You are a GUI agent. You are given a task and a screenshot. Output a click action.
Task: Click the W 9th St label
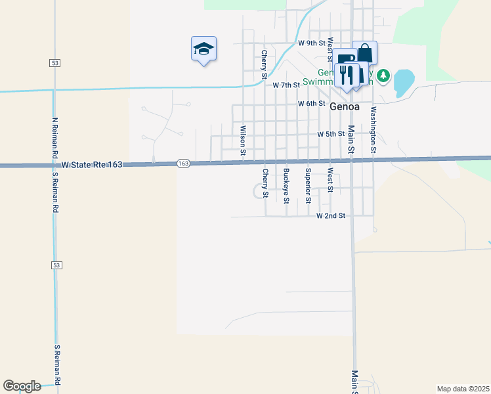point(312,43)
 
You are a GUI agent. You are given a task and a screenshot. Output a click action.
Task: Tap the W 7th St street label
point(286,85)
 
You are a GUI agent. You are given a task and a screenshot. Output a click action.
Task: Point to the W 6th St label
point(312,104)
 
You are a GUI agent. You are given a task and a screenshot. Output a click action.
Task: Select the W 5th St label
point(331,134)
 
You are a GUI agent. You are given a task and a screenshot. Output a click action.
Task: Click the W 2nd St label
point(331,215)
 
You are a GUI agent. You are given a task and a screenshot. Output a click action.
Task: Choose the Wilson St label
point(243,141)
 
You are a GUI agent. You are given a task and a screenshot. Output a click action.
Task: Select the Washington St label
point(373,130)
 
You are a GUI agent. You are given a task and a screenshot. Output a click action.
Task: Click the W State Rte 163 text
point(92,165)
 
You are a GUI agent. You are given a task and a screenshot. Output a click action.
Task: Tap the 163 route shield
point(183,164)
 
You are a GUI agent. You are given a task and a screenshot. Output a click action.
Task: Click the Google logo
point(22,386)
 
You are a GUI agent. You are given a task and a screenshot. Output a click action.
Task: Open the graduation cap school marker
point(203,49)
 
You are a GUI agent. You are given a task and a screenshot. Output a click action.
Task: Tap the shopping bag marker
point(365,53)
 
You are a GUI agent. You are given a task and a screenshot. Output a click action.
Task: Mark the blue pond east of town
point(403,82)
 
